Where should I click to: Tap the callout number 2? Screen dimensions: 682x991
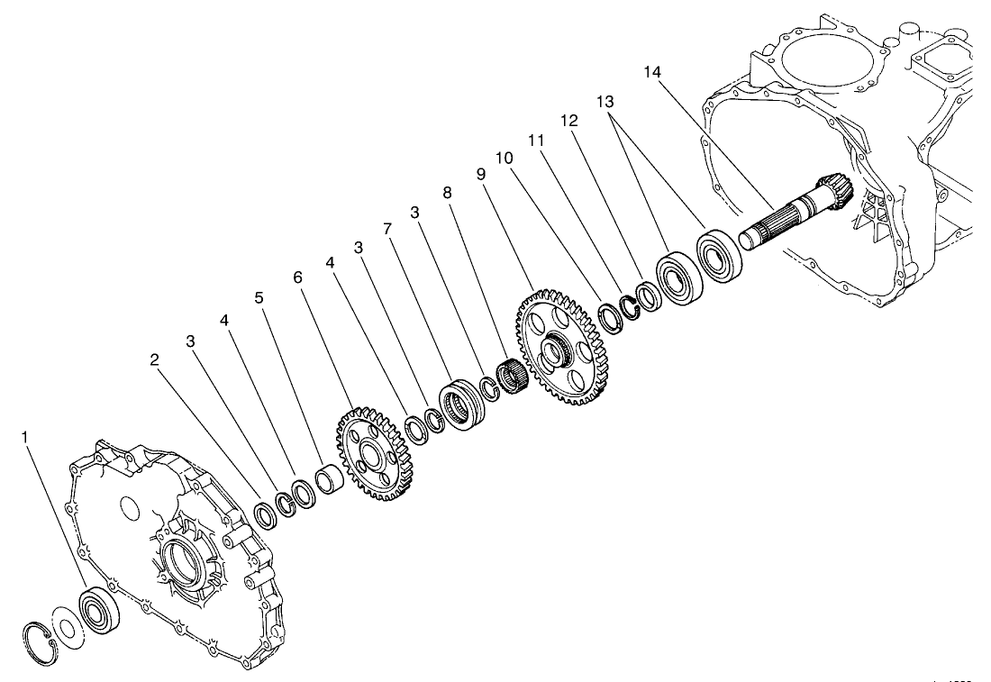click(x=155, y=359)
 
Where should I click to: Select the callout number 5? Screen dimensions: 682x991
click(x=259, y=296)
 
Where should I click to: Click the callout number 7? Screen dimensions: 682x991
click(x=387, y=229)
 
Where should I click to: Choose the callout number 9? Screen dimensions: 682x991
click(x=481, y=175)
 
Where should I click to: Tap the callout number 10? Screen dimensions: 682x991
click(x=505, y=158)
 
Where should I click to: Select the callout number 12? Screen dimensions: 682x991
click(x=568, y=120)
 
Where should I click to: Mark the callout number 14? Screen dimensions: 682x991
click(x=653, y=70)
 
